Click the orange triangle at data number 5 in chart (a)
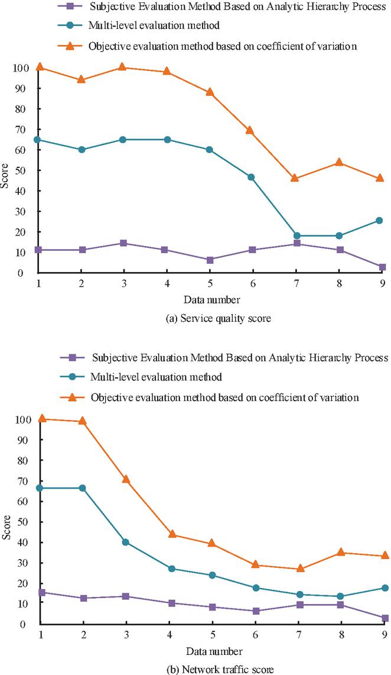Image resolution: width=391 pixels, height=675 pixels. (210, 92)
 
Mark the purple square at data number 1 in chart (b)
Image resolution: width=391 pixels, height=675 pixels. (40, 592)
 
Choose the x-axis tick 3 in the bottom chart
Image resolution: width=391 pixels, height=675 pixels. (126, 635)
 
